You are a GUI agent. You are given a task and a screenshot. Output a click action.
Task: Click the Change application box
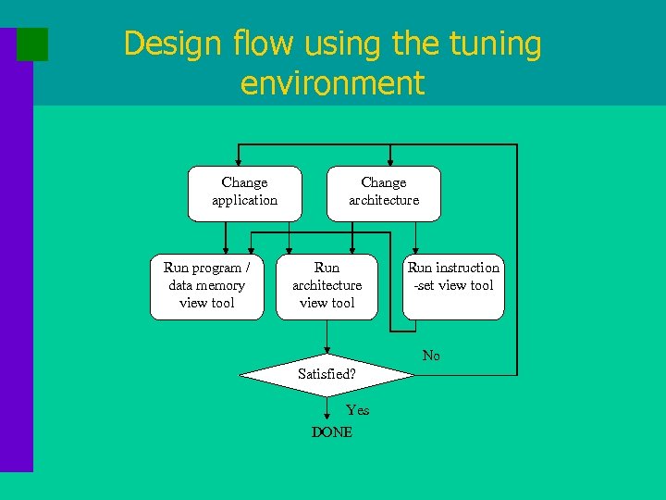[244, 194]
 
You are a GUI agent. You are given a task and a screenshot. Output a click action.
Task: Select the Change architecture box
[383, 194]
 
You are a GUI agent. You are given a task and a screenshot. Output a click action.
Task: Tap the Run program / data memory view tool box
[206, 286]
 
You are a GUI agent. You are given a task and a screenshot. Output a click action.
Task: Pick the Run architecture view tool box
[327, 286]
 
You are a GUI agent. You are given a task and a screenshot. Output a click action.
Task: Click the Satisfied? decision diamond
[326, 375]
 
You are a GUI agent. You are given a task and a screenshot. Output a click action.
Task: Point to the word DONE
[332, 432]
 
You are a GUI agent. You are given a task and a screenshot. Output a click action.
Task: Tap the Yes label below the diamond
[357, 410]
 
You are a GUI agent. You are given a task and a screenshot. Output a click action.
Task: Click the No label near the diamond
[431, 356]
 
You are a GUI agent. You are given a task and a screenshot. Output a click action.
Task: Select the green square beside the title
[32, 44]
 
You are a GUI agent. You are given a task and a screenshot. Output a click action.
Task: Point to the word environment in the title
[332, 83]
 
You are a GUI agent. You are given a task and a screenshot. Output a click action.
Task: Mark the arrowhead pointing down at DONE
[327, 417]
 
